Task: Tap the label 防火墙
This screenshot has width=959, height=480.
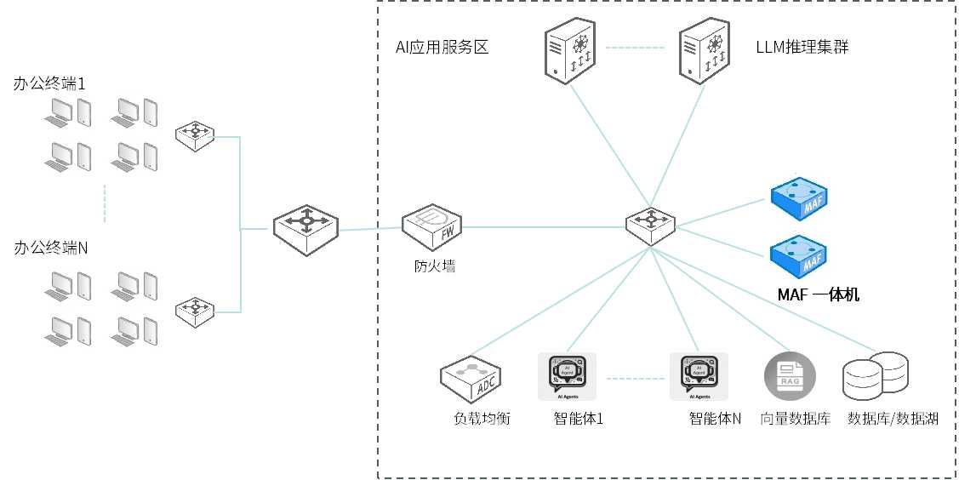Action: click(x=429, y=266)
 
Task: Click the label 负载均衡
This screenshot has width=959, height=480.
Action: click(x=482, y=419)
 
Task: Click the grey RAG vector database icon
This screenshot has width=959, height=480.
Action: click(x=789, y=376)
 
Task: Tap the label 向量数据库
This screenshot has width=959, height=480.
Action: click(x=795, y=419)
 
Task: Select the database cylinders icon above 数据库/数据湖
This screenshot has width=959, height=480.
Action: click(x=875, y=377)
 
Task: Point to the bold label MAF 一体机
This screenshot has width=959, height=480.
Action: click(x=819, y=294)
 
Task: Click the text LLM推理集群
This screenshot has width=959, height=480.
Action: click(x=802, y=47)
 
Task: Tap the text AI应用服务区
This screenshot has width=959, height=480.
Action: click(x=442, y=47)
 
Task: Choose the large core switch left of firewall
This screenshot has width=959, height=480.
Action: click(x=305, y=229)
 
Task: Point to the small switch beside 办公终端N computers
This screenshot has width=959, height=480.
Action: click(x=195, y=312)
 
